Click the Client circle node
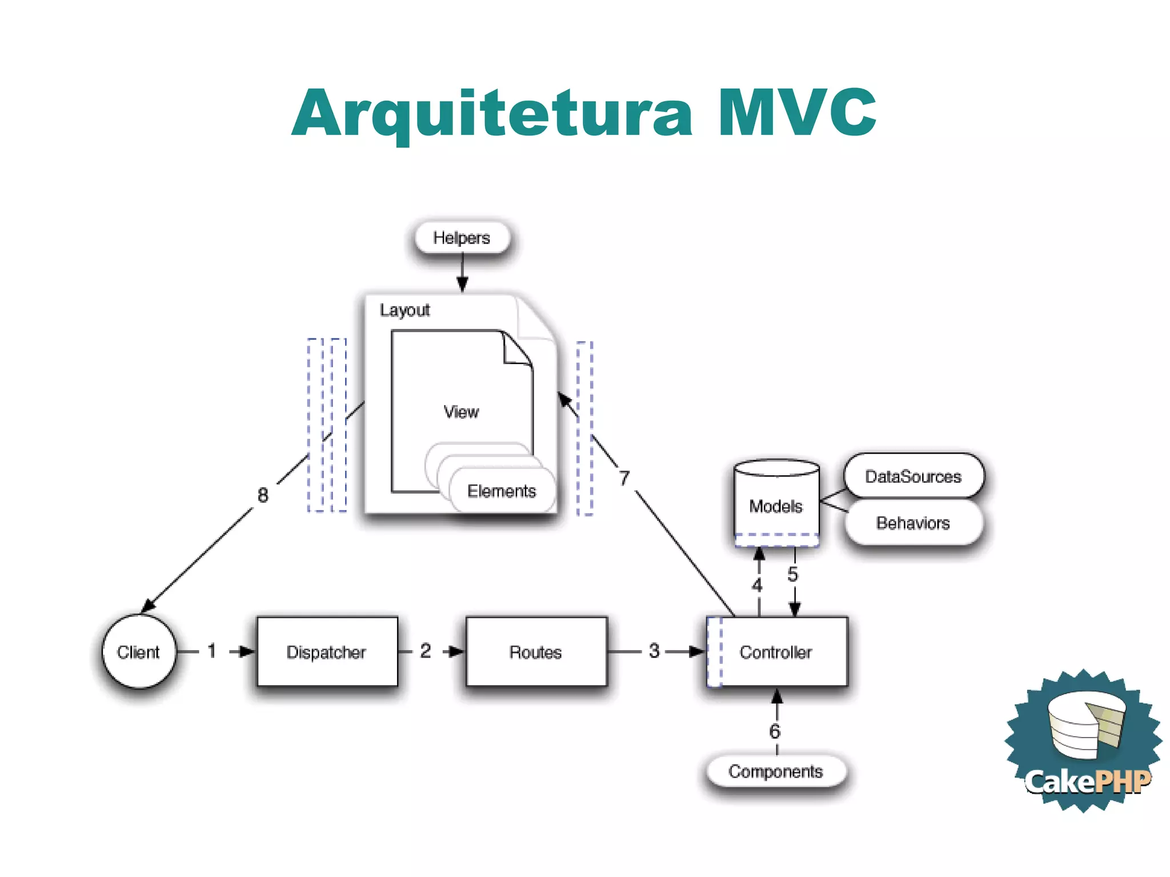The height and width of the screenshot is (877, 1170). (x=139, y=651)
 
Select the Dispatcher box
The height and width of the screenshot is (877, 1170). (x=327, y=651)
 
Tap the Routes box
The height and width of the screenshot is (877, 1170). (x=536, y=651)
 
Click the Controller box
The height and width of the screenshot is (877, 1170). (x=777, y=651)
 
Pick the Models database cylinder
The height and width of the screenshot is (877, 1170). (x=776, y=503)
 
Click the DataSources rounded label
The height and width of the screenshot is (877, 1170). (x=913, y=476)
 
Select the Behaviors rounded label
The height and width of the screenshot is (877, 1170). (x=913, y=523)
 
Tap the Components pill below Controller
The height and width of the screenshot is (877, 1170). (x=776, y=771)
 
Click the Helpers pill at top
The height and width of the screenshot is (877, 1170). (x=462, y=238)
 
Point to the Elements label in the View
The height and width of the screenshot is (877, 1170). (x=502, y=491)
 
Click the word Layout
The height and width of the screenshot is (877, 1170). (x=404, y=310)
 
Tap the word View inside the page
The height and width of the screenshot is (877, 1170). (x=461, y=411)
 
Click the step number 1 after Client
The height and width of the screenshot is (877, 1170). (x=212, y=650)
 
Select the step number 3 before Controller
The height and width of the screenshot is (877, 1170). (x=654, y=650)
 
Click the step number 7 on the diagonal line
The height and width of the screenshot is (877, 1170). (x=624, y=478)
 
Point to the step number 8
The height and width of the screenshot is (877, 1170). (x=263, y=495)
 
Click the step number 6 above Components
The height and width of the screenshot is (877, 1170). (x=775, y=731)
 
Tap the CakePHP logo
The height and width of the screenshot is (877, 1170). (x=1084, y=743)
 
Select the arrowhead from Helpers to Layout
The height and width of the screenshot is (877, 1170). (x=462, y=284)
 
